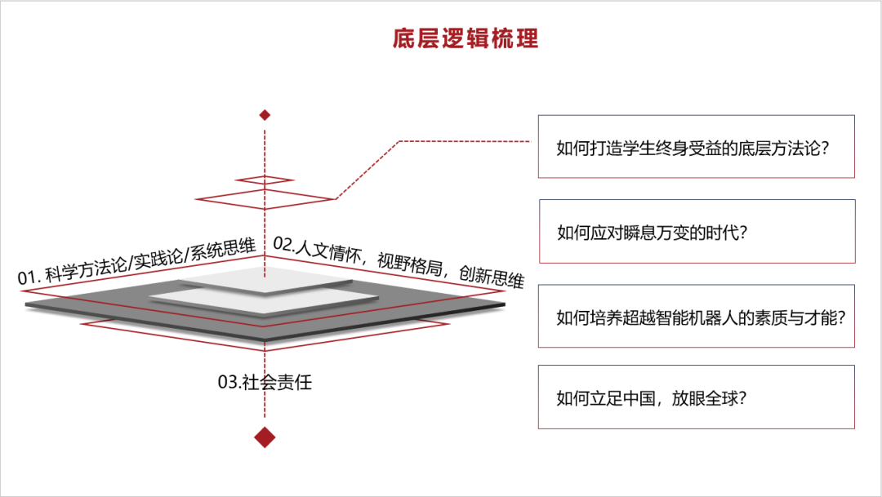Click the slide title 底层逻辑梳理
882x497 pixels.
pos(465,38)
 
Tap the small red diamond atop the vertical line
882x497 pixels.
pos(264,115)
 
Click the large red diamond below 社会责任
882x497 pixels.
pos(264,437)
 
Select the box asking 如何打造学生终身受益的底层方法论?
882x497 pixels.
pos(696,147)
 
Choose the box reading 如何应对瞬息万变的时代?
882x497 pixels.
pos(697,231)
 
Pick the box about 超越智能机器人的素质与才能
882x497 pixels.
pos(697,317)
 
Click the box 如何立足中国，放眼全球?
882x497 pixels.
pos(696,397)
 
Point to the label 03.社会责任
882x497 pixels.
pos(265,382)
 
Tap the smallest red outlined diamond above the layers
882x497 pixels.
pos(264,180)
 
